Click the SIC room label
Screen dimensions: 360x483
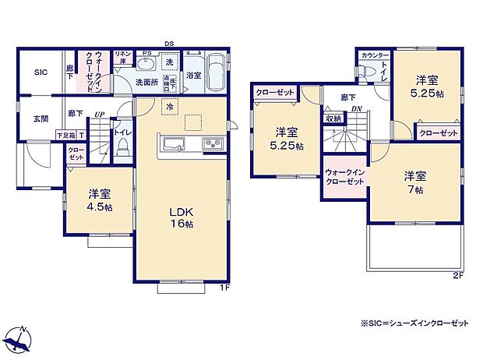tap(41, 72)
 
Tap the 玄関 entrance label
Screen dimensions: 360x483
tap(40, 118)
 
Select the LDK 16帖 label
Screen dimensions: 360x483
tap(182, 216)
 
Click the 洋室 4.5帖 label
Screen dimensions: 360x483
tap(99, 200)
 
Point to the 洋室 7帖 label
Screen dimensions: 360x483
tap(413, 182)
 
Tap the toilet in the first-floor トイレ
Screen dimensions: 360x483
tap(123, 150)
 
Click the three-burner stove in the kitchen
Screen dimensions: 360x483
tap(213, 143)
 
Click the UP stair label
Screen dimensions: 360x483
tap(99, 115)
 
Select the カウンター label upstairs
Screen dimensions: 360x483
tap(375, 55)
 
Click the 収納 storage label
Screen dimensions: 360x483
tap(333, 118)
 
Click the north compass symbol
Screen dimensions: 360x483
tap(20, 338)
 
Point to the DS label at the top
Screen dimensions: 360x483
tap(168, 44)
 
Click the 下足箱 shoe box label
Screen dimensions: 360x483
tap(65, 136)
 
